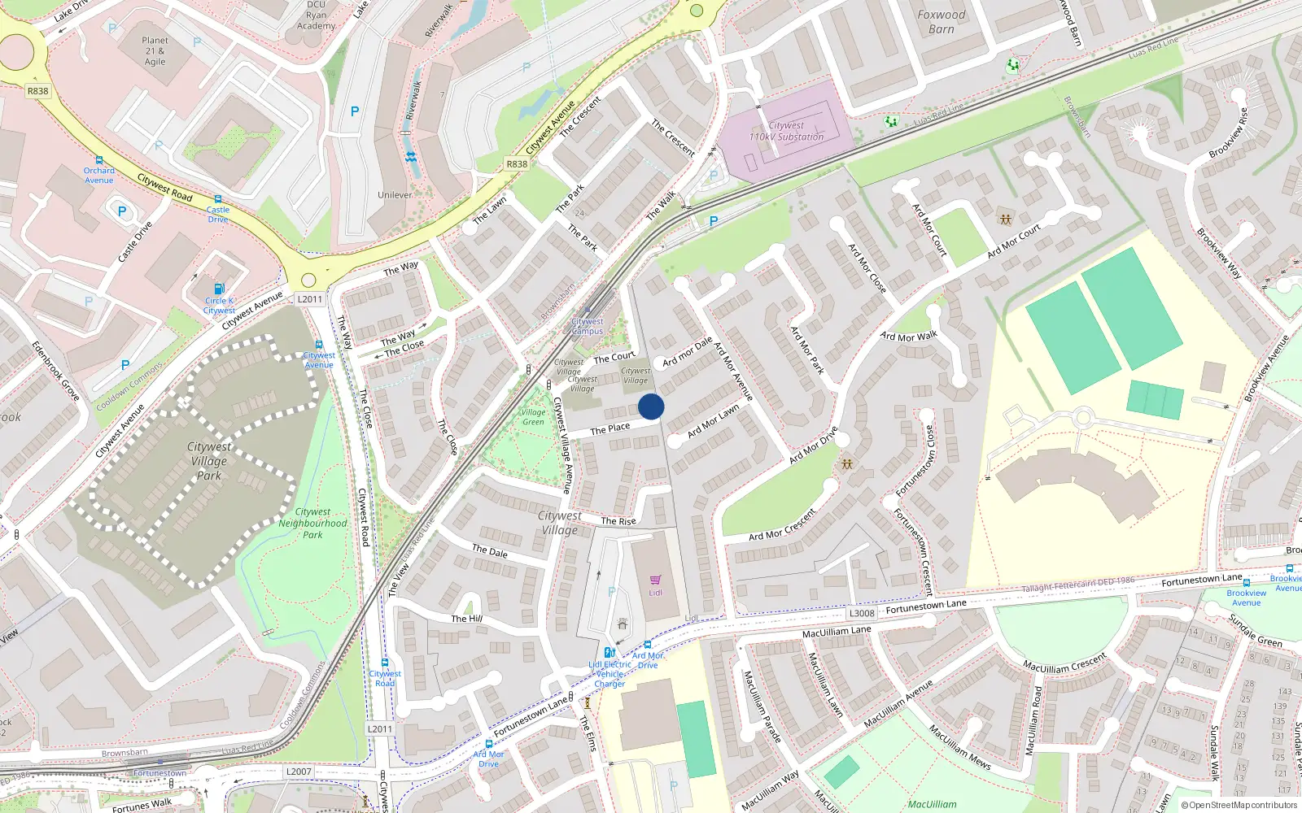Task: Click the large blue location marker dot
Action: [x=651, y=406]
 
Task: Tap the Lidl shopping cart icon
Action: [x=655, y=580]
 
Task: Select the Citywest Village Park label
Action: [x=209, y=461]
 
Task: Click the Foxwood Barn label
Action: [x=942, y=22]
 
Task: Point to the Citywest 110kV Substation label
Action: [x=786, y=132]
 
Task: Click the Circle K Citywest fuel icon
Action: [x=218, y=289]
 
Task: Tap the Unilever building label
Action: [x=395, y=195]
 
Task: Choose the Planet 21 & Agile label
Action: [x=155, y=50]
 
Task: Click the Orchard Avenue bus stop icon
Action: [x=99, y=161]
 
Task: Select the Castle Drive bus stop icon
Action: [x=218, y=199]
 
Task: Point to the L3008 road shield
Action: [x=862, y=613]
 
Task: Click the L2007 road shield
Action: [x=299, y=772]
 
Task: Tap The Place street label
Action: [x=610, y=428]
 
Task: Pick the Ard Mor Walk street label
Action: [x=909, y=337]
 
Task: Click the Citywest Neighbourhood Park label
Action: [x=312, y=524]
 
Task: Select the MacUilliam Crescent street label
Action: [x=1065, y=663]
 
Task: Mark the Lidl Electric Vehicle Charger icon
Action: [x=609, y=652]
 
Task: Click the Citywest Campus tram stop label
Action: [x=588, y=326]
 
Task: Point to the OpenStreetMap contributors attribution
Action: [x=1239, y=805]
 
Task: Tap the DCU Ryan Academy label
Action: [x=316, y=16]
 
